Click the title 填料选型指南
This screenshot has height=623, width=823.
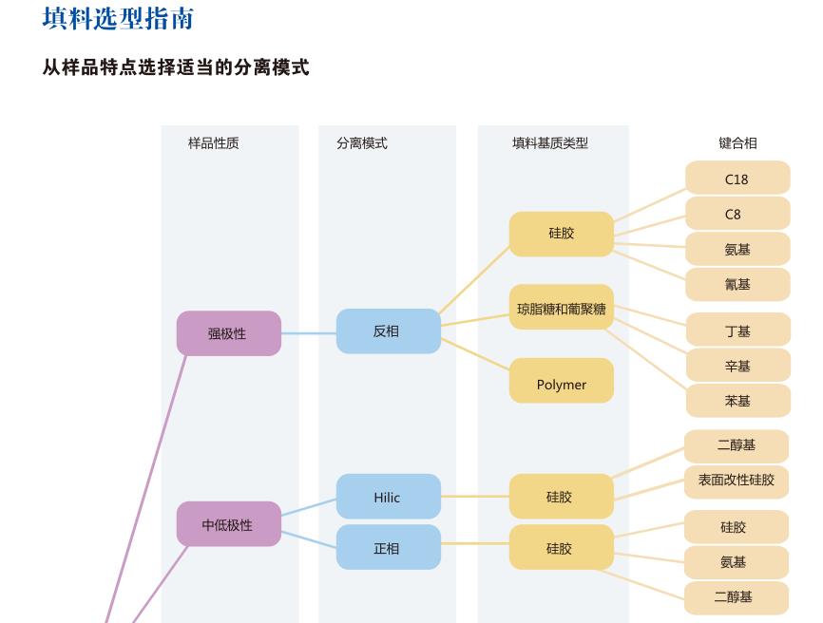tap(118, 18)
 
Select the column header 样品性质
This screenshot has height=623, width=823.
tap(213, 143)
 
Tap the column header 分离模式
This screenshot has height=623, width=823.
tap(361, 143)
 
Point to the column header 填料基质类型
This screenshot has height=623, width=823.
tap(549, 143)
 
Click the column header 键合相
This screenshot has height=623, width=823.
tap(737, 143)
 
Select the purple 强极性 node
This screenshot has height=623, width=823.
tap(228, 333)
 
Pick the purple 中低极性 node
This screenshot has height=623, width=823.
tap(228, 524)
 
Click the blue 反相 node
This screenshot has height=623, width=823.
tap(388, 331)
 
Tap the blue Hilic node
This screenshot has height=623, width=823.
tap(388, 497)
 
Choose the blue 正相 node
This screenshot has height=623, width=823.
tap(388, 548)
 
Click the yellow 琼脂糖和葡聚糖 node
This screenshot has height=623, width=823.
tap(561, 308)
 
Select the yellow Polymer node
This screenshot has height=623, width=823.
tap(561, 384)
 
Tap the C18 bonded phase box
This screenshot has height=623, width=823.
tap(737, 179)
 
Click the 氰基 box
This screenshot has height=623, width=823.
tap(737, 284)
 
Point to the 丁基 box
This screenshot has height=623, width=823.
tap(737, 330)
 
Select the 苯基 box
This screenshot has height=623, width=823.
tap(737, 401)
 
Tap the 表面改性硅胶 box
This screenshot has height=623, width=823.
tap(737, 480)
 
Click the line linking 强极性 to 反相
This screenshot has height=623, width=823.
tap(309, 333)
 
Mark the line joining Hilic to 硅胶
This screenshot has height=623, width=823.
tap(475, 497)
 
